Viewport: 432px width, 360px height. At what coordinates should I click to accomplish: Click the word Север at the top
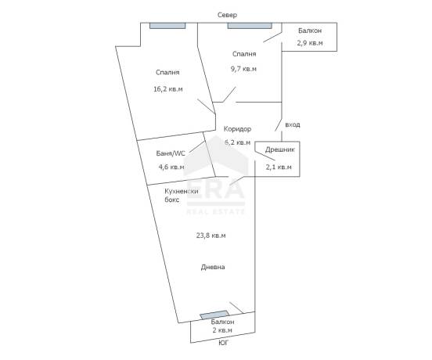(x=227, y=15)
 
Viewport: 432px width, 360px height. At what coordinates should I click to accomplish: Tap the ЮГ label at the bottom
(x=224, y=343)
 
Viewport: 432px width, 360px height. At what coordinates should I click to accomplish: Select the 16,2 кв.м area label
(x=168, y=89)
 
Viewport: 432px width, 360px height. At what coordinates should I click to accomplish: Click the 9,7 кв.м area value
(x=243, y=69)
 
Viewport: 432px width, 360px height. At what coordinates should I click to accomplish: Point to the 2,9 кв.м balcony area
(x=310, y=43)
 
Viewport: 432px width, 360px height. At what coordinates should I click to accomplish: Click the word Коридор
(x=237, y=129)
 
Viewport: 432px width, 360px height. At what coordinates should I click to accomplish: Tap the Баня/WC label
(x=171, y=153)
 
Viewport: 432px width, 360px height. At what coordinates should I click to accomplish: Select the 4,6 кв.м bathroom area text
(x=171, y=167)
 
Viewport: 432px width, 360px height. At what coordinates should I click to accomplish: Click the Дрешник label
(x=280, y=149)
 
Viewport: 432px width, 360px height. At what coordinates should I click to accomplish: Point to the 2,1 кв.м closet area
(x=279, y=167)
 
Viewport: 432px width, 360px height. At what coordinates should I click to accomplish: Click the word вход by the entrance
(x=293, y=124)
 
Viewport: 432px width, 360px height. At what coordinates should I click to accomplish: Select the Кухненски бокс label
(x=182, y=196)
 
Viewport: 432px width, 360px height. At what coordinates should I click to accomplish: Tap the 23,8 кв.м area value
(x=211, y=236)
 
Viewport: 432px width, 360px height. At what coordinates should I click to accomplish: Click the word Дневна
(x=213, y=267)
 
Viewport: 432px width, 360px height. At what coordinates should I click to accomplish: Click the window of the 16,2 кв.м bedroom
(x=167, y=26)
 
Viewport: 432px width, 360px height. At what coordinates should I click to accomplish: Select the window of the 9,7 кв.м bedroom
(x=250, y=26)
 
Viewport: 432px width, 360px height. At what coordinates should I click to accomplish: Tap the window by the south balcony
(x=214, y=315)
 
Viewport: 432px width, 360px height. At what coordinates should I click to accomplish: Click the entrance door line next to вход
(x=279, y=124)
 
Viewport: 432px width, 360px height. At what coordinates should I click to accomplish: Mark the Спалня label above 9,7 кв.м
(x=244, y=54)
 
